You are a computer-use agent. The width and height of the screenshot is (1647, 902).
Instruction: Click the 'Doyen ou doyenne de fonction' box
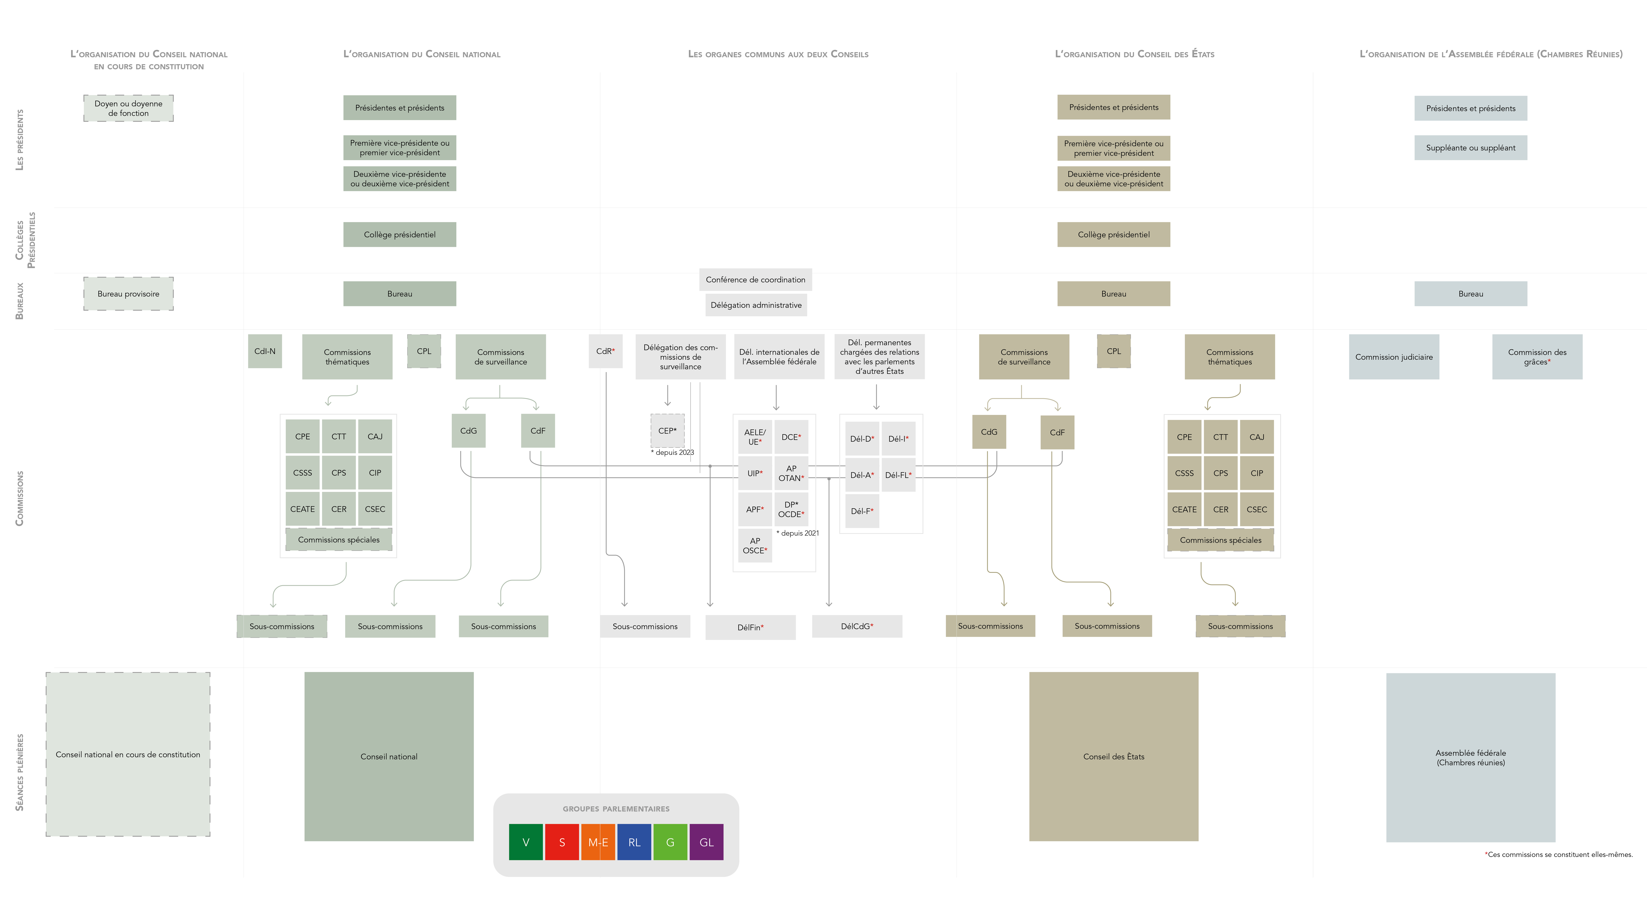(129, 108)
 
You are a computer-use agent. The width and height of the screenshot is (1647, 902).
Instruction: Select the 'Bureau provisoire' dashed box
(129, 293)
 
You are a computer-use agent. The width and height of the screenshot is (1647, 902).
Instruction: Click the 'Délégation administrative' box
(756, 305)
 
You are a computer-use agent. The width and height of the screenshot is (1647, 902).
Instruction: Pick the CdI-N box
(265, 351)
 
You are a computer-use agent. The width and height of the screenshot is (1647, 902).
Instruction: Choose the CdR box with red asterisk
(605, 351)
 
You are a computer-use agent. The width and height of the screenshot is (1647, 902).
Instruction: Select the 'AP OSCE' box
(755, 545)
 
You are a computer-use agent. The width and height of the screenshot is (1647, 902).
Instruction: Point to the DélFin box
(751, 627)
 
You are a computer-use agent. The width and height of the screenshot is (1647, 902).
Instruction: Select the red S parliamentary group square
(562, 842)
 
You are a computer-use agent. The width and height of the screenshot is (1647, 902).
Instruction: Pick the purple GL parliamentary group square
(706, 842)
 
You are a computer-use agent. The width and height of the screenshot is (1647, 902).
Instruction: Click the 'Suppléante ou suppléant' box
(1470, 148)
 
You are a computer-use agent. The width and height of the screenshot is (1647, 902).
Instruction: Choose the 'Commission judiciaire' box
(1394, 357)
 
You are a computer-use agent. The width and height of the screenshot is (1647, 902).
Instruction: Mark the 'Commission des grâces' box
(1537, 357)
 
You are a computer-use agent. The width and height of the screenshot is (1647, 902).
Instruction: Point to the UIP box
(755, 473)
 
